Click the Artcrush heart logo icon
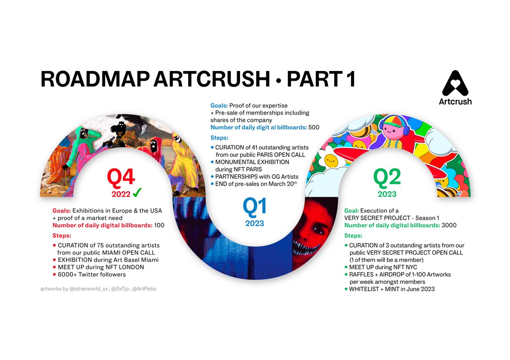point(455,83)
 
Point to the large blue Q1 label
point(255,207)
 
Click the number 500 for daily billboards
point(314,127)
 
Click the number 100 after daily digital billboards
point(159,225)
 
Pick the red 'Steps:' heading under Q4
point(62,235)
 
